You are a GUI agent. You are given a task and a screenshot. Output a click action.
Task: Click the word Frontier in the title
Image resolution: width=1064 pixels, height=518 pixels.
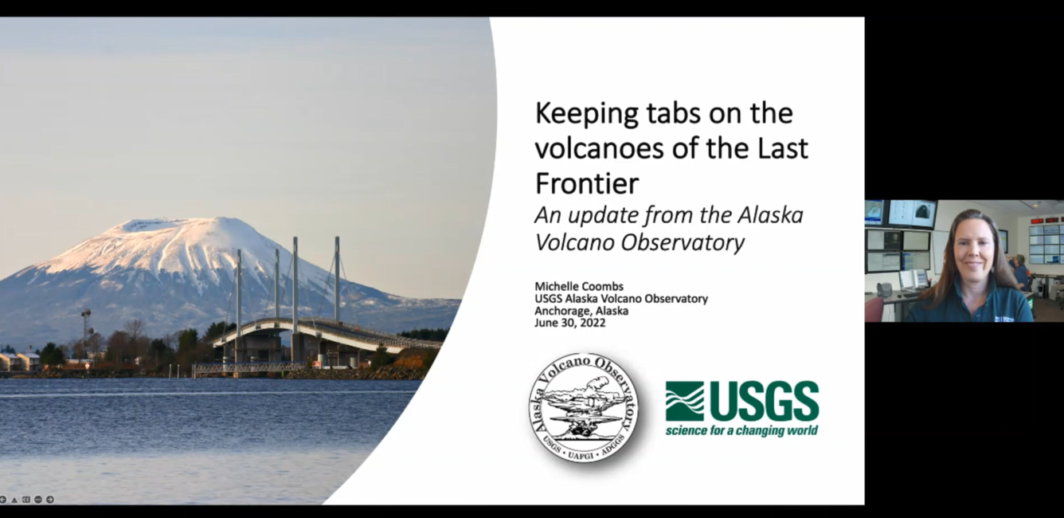[x=587, y=183]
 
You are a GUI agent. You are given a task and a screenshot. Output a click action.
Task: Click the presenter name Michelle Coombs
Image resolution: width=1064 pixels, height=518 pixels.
[x=579, y=287]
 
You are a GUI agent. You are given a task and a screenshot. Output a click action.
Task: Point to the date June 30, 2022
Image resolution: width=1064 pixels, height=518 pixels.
[x=570, y=324]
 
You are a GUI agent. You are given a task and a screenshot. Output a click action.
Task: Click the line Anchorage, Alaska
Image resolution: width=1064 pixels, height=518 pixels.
[x=581, y=312]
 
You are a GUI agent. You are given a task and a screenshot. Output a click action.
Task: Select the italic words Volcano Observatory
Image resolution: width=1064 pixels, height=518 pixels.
[x=640, y=242]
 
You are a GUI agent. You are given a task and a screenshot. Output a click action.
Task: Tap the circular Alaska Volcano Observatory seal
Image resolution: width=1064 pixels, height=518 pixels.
[x=584, y=408]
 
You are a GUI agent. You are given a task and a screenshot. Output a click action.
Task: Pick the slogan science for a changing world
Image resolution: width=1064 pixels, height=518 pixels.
[x=741, y=430]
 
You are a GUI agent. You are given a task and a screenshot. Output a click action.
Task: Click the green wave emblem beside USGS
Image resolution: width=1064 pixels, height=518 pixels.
[x=684, y=401]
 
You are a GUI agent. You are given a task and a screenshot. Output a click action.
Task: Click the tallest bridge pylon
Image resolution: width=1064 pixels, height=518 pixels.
[x=295, y=285]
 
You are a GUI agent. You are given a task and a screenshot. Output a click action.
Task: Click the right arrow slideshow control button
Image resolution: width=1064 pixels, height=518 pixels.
[x=50, y=500]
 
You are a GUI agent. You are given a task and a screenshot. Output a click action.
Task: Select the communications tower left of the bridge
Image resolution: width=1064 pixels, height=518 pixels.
[x=86, y=332]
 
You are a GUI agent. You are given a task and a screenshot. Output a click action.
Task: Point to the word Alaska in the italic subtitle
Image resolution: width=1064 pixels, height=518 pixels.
[x=770, y=215]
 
